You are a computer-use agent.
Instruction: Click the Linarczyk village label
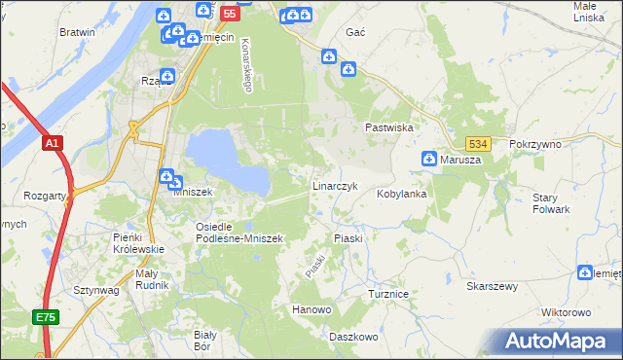point(337,185)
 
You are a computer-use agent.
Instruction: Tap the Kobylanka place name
point(402,194)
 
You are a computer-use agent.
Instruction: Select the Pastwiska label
point(390,127)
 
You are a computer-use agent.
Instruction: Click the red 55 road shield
point(229,14)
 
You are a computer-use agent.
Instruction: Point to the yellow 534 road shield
point(476,143)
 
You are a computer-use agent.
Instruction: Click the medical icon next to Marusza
point(428,159)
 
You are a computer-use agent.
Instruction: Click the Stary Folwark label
point(551,203)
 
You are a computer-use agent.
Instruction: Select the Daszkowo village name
point(352,337)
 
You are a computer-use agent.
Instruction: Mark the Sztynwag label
point(95,290)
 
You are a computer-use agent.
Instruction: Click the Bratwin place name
point(77,32)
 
